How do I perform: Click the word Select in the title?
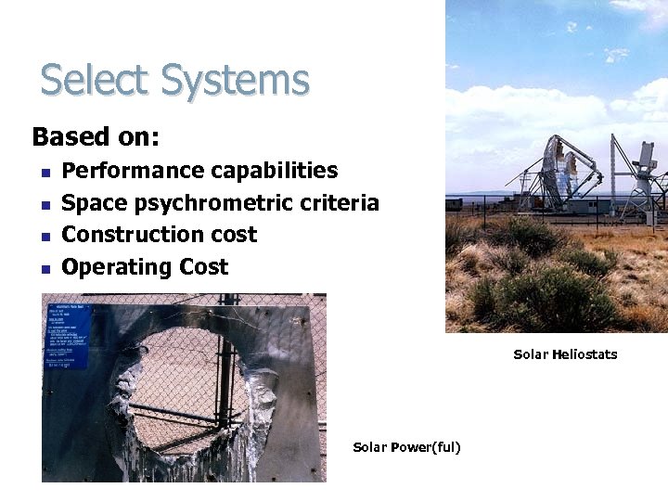96,81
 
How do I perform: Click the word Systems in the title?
235,81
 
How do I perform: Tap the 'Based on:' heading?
96,137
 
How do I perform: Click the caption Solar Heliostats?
565,354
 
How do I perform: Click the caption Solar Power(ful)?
406,448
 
